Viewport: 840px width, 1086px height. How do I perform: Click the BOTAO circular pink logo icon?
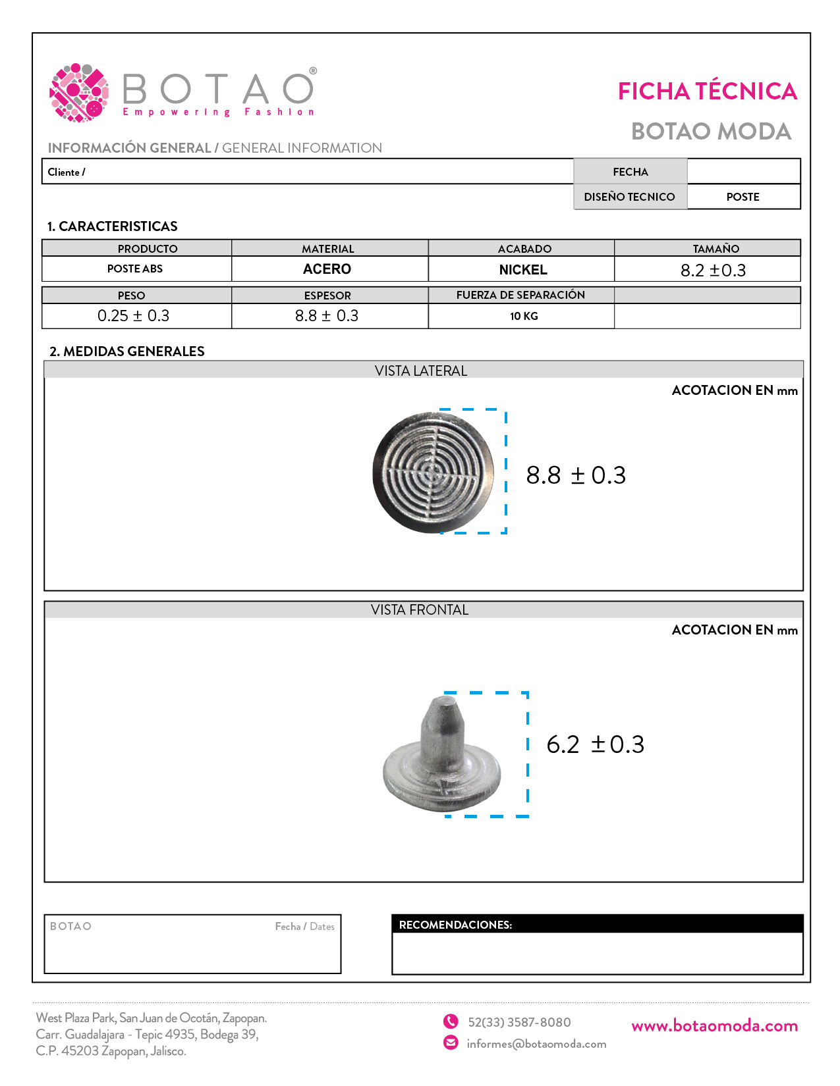click(79, 93)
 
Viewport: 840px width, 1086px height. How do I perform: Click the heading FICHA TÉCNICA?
click(707, 91)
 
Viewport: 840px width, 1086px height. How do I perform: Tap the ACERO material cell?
click(327, 269)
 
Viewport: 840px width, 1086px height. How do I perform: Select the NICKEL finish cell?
click(523, 270)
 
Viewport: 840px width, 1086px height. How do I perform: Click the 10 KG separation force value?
click(524, 316)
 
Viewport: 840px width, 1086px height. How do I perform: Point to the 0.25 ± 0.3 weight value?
click(133, 316)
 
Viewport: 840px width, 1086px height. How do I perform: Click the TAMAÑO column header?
click(715, 249)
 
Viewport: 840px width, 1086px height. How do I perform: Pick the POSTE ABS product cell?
click(135, 269)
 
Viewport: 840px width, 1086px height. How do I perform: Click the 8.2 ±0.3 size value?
click(713, 271)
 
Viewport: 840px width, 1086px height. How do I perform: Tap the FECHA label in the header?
click(630, 172)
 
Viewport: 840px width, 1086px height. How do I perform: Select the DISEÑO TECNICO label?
click(629, 197)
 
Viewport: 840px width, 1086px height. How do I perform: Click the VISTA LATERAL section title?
click(421, 371)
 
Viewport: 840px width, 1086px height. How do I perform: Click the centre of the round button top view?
click(433, 471)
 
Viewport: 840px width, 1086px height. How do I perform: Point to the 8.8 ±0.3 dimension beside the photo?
click(576, 475)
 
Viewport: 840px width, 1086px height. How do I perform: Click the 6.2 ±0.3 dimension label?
click(595, 744)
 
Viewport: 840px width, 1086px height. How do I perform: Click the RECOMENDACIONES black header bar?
click(597, 924)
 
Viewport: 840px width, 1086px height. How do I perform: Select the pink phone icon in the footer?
click(451, 1021)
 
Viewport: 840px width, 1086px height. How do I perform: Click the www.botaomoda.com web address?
click(714, 1025)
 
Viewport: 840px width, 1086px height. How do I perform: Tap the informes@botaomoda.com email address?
click(536, 1044)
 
